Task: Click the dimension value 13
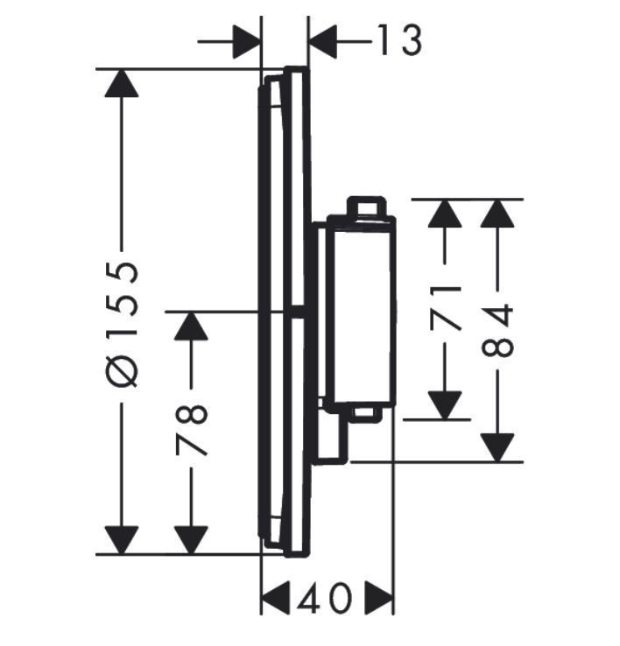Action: coord(398,40)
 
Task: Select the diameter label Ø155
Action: coord(123,323)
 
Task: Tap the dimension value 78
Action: coord(192,430)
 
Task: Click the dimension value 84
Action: coord(498,330)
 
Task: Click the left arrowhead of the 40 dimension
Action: coord(276,600)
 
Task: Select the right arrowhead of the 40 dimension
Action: coord(378,600)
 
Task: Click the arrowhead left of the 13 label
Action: coord(247,40)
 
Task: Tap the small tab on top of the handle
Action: coord(366,206)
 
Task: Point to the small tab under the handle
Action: coord(365,413)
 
